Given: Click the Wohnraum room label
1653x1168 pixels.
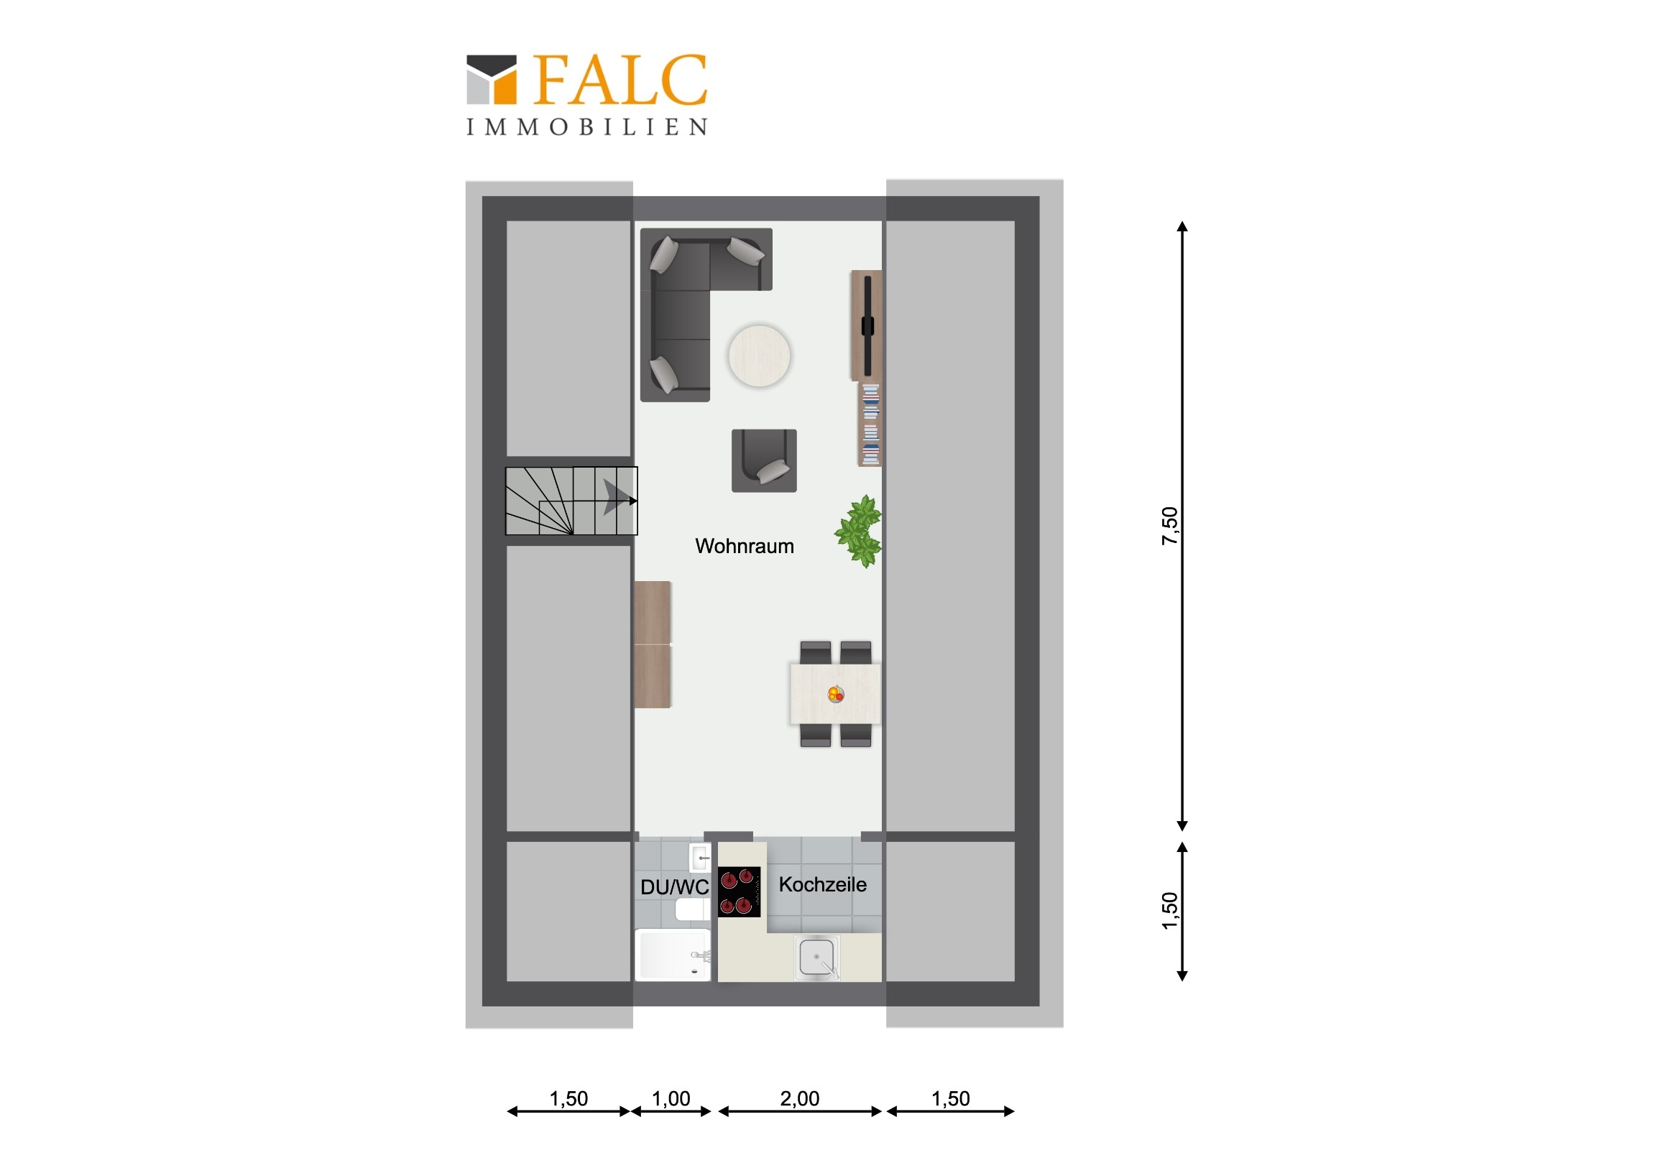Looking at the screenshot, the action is coord(745,546).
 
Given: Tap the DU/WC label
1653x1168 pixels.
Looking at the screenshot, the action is coord(675,887).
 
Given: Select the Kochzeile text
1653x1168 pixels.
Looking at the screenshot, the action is coord(823,884).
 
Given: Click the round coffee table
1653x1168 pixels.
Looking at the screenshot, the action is coord(759,356).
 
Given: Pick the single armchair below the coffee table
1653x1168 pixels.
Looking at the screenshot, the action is coord(764,460).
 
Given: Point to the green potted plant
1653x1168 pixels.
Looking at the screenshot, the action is coord(859,531).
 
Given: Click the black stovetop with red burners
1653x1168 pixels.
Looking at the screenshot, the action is coord(739,891).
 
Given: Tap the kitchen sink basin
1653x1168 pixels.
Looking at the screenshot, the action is coord(817,958).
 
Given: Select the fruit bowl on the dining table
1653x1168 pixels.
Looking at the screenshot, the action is coord(835,695).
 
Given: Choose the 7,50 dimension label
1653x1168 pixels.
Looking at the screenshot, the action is coord(1170,526).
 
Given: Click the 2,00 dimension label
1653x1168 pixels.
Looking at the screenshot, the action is coord(800,1099).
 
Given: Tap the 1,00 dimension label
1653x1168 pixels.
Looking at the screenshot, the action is coord(671,1099).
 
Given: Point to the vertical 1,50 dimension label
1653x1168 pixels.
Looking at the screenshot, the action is coord(1170,911).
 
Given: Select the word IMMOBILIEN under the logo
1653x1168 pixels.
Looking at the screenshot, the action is coord(586,127).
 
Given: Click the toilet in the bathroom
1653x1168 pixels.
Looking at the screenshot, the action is coord(692,909).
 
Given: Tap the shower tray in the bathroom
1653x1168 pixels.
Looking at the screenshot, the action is coord(673,954).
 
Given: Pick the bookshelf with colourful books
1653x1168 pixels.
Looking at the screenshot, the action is coord(870,425).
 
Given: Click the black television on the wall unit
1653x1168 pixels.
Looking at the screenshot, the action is coord(867,326).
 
